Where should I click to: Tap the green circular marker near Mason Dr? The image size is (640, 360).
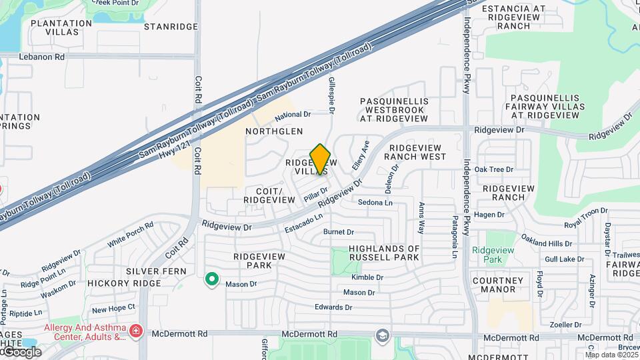coord(212,279)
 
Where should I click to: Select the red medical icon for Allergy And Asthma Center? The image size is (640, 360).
coord(136,331)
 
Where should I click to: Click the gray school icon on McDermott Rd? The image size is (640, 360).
coord(382,334)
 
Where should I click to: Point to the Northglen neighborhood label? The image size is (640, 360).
coord(274,132)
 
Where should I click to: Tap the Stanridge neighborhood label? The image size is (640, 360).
coord(171,27)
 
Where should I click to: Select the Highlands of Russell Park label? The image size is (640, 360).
coord(385,253)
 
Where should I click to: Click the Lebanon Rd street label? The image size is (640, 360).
coord(41,57)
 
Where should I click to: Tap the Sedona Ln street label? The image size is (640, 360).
coord(375,202)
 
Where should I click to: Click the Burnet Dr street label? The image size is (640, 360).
coord(338,232)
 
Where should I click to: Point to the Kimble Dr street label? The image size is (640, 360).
coord(367,277)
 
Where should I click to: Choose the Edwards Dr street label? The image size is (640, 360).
coord(334,307)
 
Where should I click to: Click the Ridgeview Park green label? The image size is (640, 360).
coord(493,254)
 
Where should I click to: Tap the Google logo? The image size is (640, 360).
coord(22,351)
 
